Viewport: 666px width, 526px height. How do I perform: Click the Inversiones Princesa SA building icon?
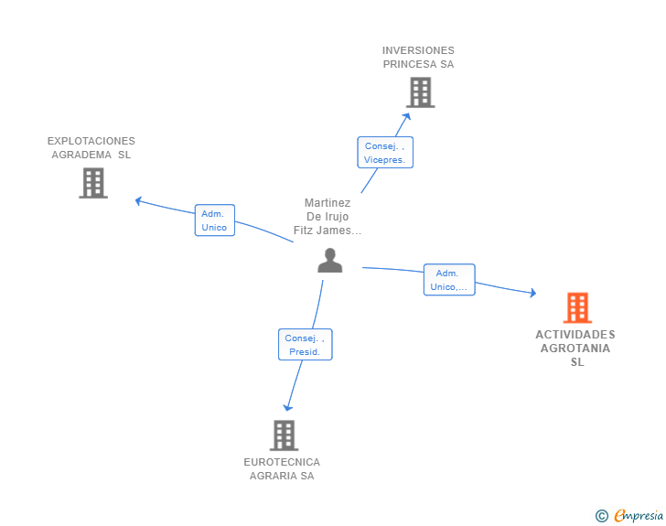(x=420, y=92)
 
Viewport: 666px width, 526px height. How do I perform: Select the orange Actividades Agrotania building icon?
(x=577, y=307)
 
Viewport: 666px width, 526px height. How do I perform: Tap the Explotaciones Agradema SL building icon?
(x=93, y=183)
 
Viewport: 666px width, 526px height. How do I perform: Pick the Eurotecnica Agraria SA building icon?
(x=284, y=435)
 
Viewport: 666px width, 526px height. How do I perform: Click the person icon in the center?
(x=329, y=261)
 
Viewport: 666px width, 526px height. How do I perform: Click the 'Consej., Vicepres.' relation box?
(x=384, y=153)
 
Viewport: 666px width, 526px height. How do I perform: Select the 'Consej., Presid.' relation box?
(x=305, y=345)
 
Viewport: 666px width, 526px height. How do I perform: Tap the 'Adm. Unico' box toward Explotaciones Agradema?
(x=214, y=220)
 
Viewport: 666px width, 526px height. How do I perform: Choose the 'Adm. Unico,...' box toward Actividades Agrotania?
(x=448, y=280)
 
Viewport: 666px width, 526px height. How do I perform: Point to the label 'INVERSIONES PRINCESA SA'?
(x=418, y=57)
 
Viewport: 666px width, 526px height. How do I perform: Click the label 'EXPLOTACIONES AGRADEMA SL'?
(x=91, y=147)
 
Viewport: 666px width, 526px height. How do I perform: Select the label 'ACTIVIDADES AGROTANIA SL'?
(x=575, y=348)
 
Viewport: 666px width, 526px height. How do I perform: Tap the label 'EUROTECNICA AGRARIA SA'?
(x=282, y=468)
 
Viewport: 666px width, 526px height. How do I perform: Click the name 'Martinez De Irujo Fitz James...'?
(x=328, y=217)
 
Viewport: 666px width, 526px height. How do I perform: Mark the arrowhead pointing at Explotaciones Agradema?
(x=138, y=199)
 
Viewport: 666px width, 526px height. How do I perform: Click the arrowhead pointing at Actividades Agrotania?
(x=532, y=293)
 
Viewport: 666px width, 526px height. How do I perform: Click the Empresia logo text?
(x=639, y=516)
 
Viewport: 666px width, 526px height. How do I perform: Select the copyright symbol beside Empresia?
(x=601, y=516)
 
